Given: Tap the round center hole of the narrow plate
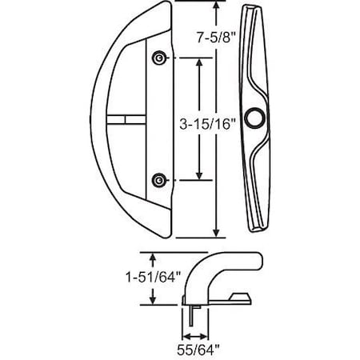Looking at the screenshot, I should click(x=257, y=118).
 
